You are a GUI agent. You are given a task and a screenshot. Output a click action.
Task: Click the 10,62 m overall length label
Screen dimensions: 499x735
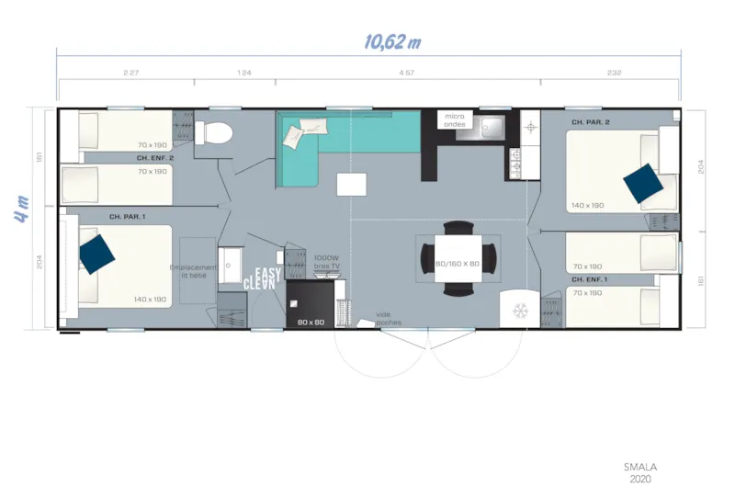pyautogui.click(x=392, y=41)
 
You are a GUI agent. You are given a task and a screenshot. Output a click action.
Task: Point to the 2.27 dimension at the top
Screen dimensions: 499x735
pyautogui.click(x=130, y=73)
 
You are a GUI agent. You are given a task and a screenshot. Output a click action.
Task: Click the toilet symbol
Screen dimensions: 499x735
pyautogui.click(x=218, y=132)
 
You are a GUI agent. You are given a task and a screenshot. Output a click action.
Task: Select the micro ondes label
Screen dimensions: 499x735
pyautogui.click(x=455, y=120)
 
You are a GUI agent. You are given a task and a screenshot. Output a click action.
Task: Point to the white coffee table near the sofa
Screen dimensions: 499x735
pyautogui.click(x=351, y=184)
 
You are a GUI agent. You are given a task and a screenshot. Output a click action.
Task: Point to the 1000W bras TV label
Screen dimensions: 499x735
pyautogui.click(x=327, y=261)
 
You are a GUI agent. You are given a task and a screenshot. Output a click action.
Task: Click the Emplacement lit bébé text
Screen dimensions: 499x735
pyautogui.click(x=194, y=271)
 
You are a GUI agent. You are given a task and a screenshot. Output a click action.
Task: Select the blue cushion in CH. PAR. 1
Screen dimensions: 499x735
pyautogui.click(x=96, y=254)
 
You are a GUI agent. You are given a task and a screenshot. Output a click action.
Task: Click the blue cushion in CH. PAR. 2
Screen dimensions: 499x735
pyautogui.click(x=642, y=183)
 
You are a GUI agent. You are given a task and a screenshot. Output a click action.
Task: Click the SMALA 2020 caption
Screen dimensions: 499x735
pyautogui.click(x=640, y=472)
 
